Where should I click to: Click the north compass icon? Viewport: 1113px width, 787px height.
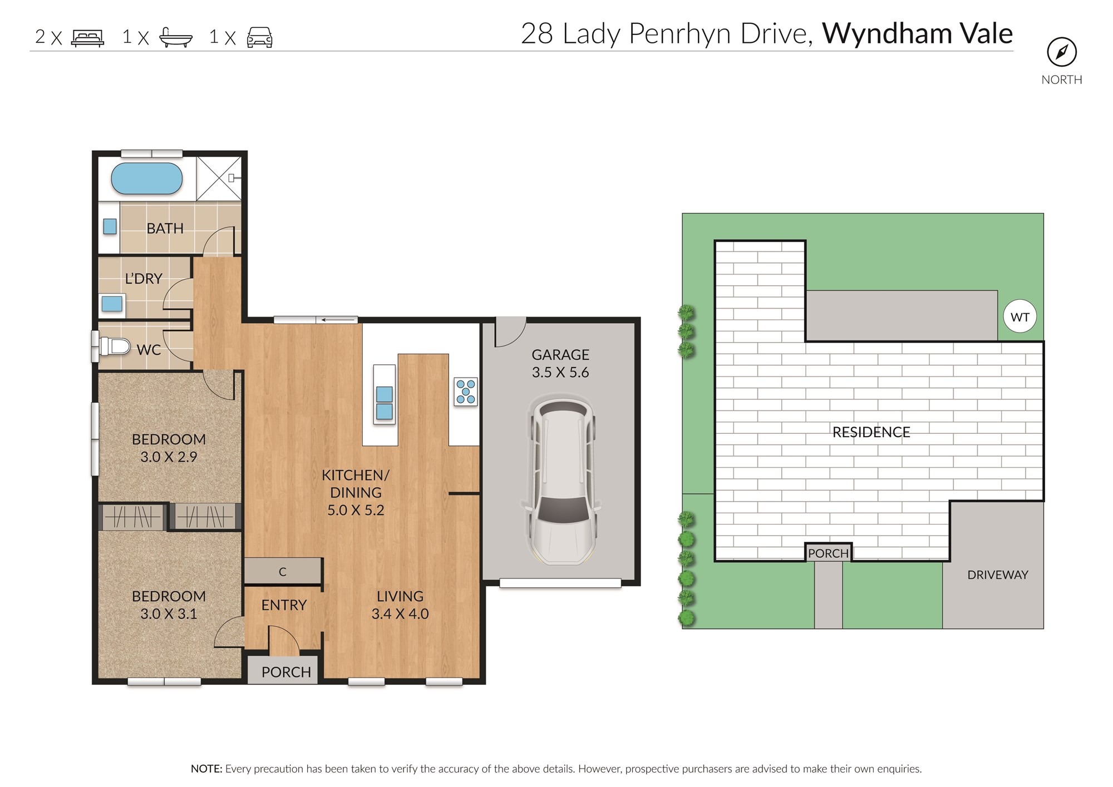(x=1062, y=52)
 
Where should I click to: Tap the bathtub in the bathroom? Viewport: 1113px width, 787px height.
(x=147, y=179)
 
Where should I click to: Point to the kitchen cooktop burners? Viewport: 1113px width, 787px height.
(x=466, y=392)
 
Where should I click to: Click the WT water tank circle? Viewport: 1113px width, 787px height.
(x=1020, y=316)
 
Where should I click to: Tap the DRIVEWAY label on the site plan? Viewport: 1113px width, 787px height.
(x=998, y=575)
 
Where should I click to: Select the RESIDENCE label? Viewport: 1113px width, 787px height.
(x=871, y=432)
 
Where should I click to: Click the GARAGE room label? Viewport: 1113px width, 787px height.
(x=560, y=355)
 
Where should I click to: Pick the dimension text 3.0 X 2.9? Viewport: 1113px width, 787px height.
(x=169, y=457)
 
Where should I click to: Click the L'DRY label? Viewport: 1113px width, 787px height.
(x=144, y=279)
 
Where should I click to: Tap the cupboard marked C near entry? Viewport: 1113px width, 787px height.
(x=283, y=571)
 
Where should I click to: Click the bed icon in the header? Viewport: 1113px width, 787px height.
(x=87, y=38)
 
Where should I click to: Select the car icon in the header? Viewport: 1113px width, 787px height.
(x=260, y=37)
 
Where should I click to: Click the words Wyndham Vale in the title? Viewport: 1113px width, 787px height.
(x=917, y=33)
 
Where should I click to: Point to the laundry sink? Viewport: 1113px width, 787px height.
(x=112, y=304)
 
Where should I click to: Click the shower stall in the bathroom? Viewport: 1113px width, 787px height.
(x=219, y=179)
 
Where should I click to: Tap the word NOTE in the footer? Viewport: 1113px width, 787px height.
(x=206, y=769)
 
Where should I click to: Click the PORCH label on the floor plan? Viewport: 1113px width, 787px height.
(x=286, y=672)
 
